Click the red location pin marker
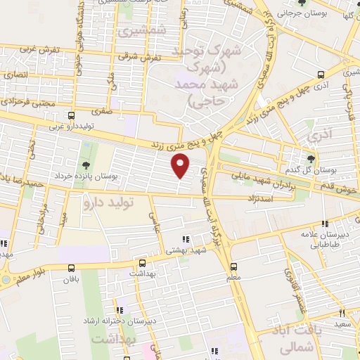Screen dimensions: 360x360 pos(181,166)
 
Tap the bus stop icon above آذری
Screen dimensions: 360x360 pos(321,74)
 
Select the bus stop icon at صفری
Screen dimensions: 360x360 pos(70,115)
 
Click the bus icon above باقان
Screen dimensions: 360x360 pos(71,268)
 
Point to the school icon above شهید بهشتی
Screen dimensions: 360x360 pos(186,238)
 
